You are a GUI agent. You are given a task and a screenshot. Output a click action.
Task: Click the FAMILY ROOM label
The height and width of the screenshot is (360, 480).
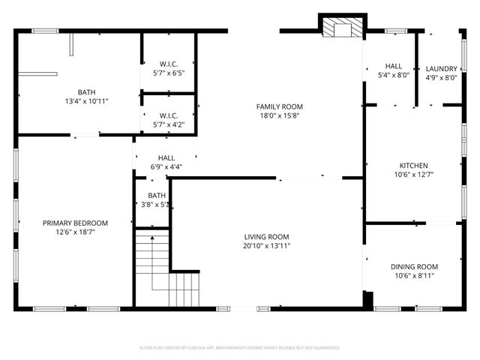tap(280, 106)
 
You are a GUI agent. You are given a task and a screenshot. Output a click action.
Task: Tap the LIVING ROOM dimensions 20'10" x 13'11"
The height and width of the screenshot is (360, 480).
tap(266, 246)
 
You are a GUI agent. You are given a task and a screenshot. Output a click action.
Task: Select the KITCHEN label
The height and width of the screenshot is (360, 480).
tap(413, 165)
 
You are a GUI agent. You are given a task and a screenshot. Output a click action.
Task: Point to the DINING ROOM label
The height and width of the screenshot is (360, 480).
tap(413, 266)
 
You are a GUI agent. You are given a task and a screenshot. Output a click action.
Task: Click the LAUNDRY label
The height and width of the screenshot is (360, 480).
tap(442, 68)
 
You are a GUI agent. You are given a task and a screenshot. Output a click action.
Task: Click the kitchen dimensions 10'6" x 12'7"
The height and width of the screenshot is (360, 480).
tap(413, 174)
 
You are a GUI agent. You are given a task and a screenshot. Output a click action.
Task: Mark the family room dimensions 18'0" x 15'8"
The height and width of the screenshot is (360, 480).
tap(280, 116)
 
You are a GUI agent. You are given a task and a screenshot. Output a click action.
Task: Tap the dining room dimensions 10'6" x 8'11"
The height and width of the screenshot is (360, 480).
tap(413, 276)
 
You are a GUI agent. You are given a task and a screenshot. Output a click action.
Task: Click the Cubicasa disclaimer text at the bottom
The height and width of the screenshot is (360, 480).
tap(240, 348)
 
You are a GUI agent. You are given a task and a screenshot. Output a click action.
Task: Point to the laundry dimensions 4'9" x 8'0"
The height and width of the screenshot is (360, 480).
tap(442, 77)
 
